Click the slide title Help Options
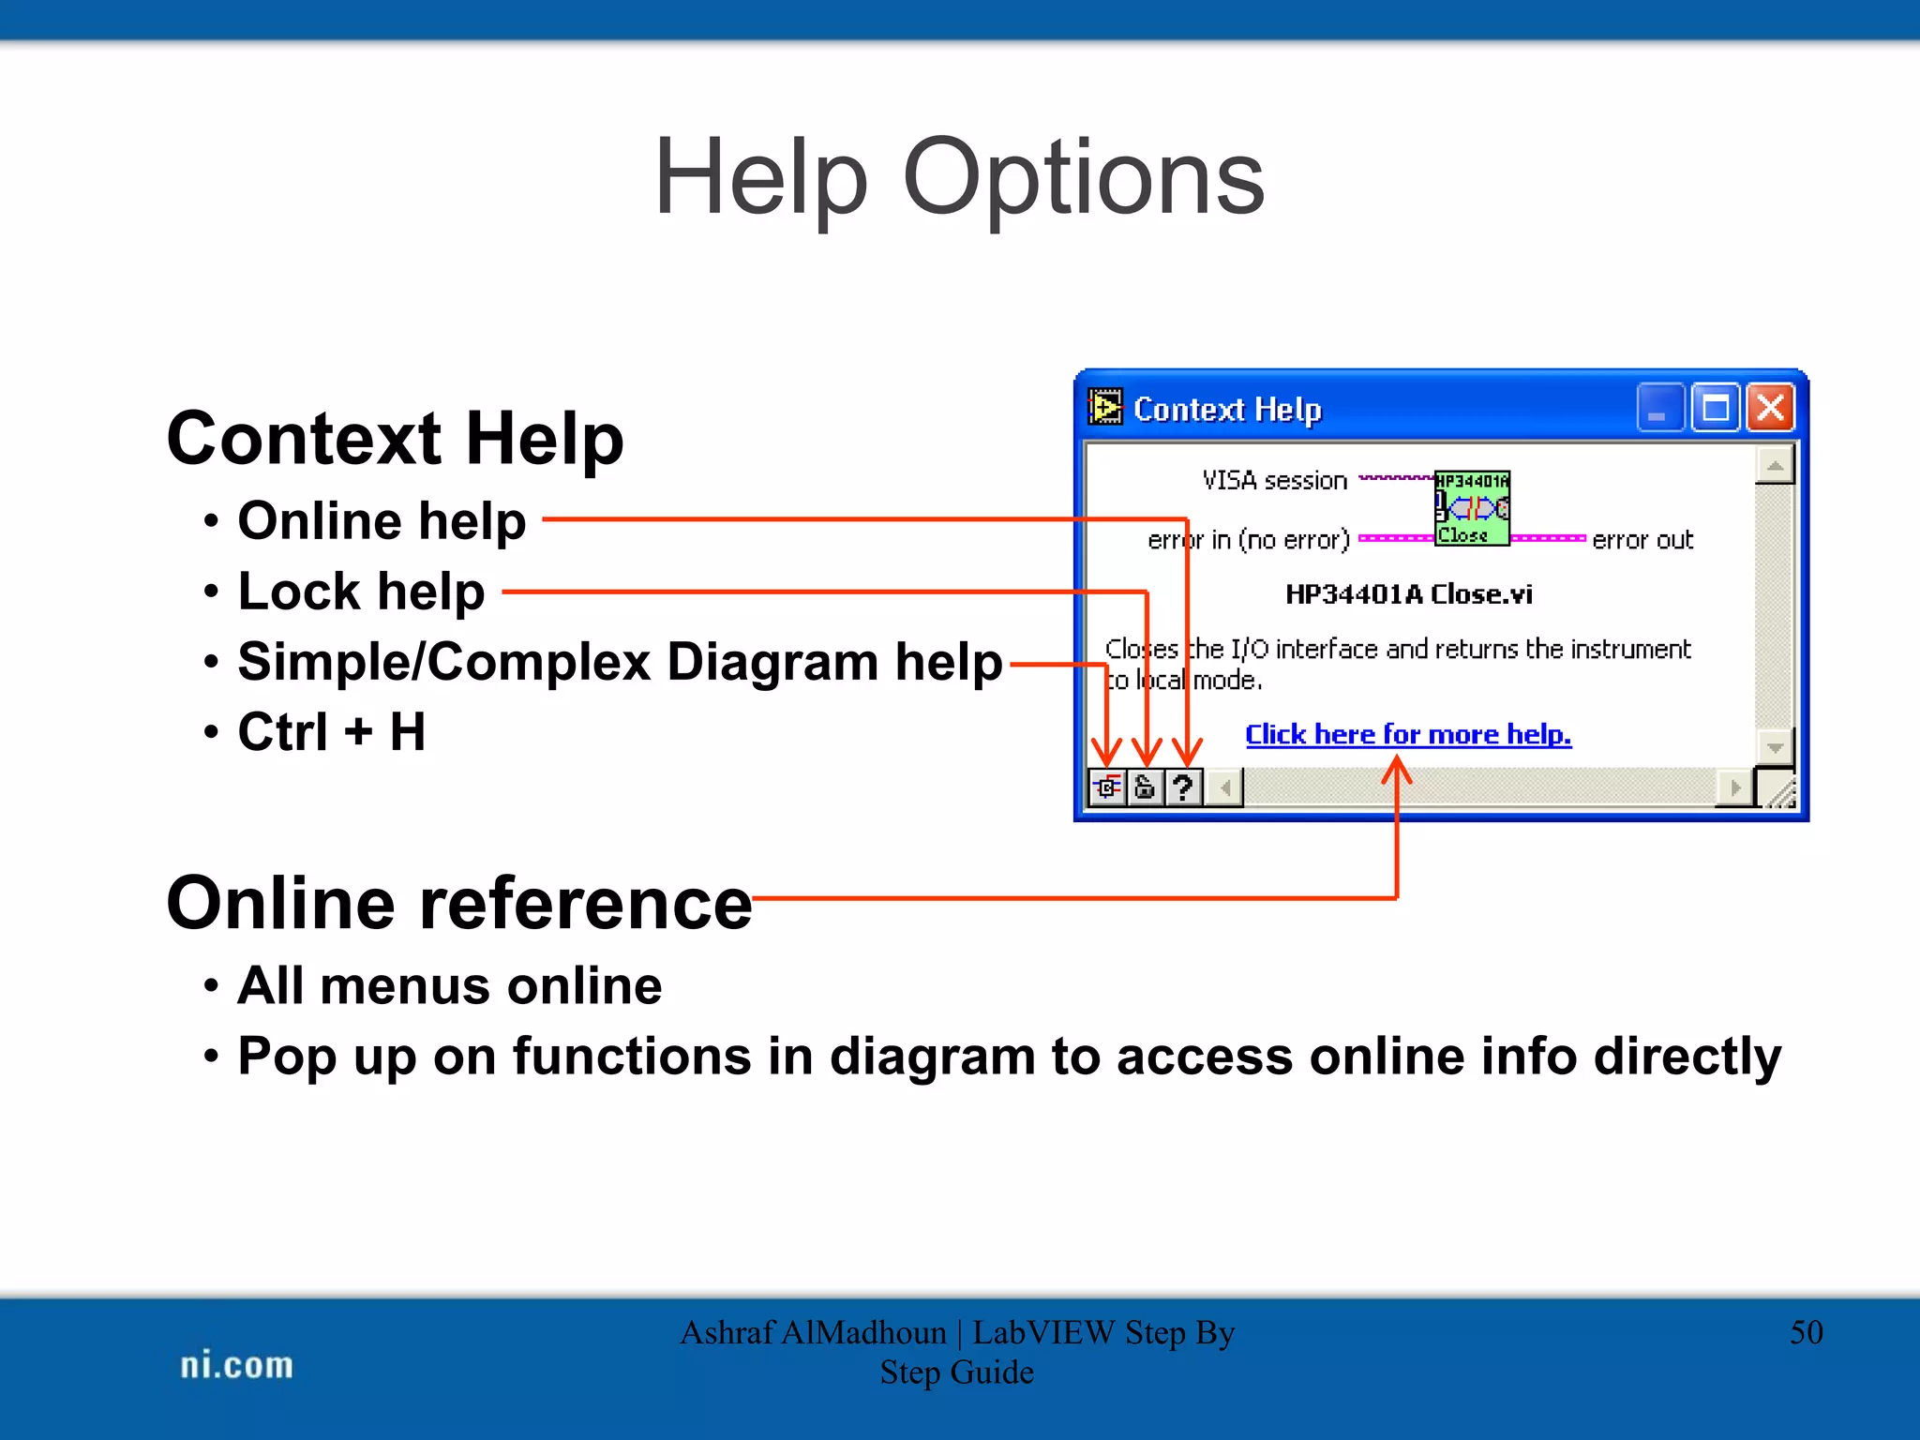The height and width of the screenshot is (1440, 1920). coord(959,176)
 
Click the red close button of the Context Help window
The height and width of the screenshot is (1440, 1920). coord(1770,409)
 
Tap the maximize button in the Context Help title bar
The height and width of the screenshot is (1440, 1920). coord(1715,409)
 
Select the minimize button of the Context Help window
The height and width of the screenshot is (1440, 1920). coord(1659,409)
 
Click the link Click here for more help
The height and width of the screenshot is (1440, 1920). coord(1407,734)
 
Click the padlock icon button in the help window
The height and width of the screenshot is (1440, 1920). coord(1145,787)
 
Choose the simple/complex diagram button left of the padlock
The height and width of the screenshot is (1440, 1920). coord(1107,787)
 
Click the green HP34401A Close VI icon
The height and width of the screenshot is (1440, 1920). coord(1472,508)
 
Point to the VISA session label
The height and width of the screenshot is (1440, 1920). coord(1274,481)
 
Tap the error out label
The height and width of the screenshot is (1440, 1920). coord(1642,540)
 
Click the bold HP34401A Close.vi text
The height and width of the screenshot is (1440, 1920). coord(1408,594)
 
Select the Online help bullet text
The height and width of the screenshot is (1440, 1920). coord(382,520)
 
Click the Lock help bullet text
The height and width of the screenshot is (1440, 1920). coord(361,592)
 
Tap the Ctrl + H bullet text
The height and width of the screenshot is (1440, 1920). coord(331,732)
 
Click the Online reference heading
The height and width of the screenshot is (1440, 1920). coord(458,903)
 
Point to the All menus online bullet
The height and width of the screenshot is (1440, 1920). coord(449,986)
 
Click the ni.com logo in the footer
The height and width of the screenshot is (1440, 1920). coord(236,1365)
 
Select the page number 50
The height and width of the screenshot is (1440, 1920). coord(1806,1332)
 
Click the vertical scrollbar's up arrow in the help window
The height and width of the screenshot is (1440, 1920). coord(1775,465)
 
